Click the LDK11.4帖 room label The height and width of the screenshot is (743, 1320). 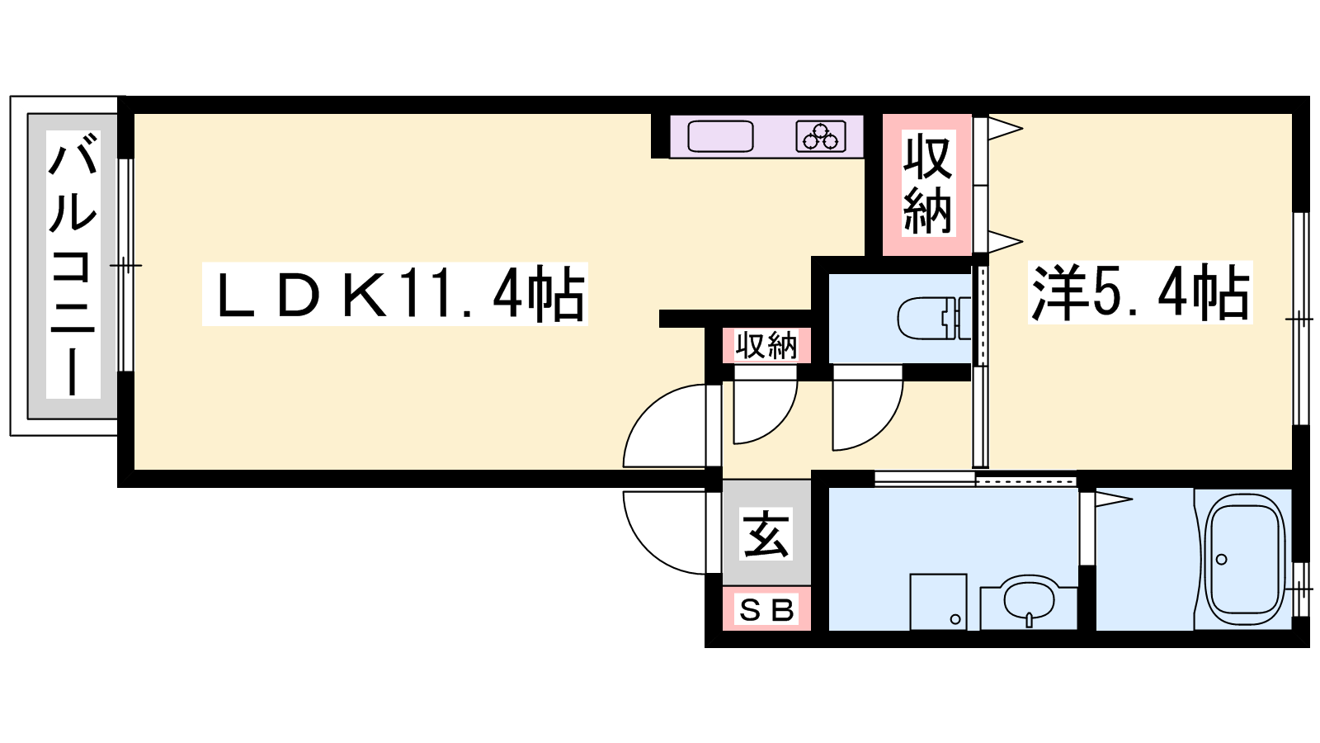click(395, 293)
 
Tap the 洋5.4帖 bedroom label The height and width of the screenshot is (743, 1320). click(1139, 292)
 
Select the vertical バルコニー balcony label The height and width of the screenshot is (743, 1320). click(73, 264)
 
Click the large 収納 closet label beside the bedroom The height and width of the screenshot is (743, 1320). click(927, 184)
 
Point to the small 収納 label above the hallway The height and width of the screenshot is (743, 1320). click(766, 346)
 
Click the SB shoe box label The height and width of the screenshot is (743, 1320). click(766, 609)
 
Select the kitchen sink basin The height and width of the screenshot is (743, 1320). click(721, 136)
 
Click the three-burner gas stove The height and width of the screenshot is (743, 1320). click(821, 137)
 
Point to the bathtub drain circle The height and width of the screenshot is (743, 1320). click(1222, 559)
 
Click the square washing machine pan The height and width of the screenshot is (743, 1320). click(938, 602)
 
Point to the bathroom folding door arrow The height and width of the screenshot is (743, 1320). click(1114, 500)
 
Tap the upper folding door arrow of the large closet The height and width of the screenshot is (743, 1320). click(1006, 129)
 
